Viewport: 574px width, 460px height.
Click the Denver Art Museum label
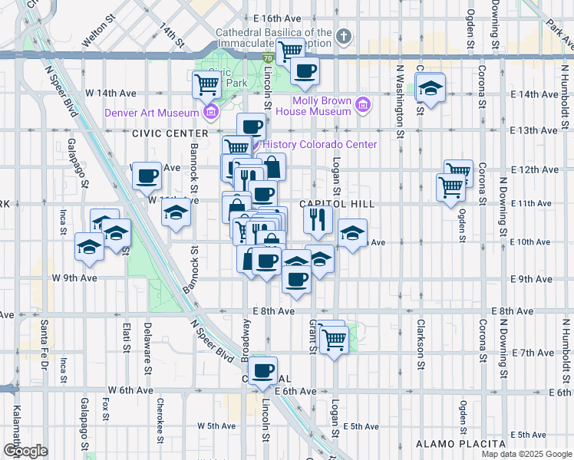152,113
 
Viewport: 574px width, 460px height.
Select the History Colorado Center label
320,145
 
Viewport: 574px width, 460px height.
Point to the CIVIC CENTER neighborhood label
166,133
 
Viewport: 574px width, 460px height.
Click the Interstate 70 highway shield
266,58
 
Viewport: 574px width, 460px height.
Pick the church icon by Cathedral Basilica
344,36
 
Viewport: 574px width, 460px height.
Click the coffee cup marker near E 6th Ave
262,370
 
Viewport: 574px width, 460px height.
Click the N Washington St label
400,95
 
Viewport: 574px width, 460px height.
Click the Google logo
26,451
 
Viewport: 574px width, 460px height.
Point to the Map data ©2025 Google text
526,454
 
